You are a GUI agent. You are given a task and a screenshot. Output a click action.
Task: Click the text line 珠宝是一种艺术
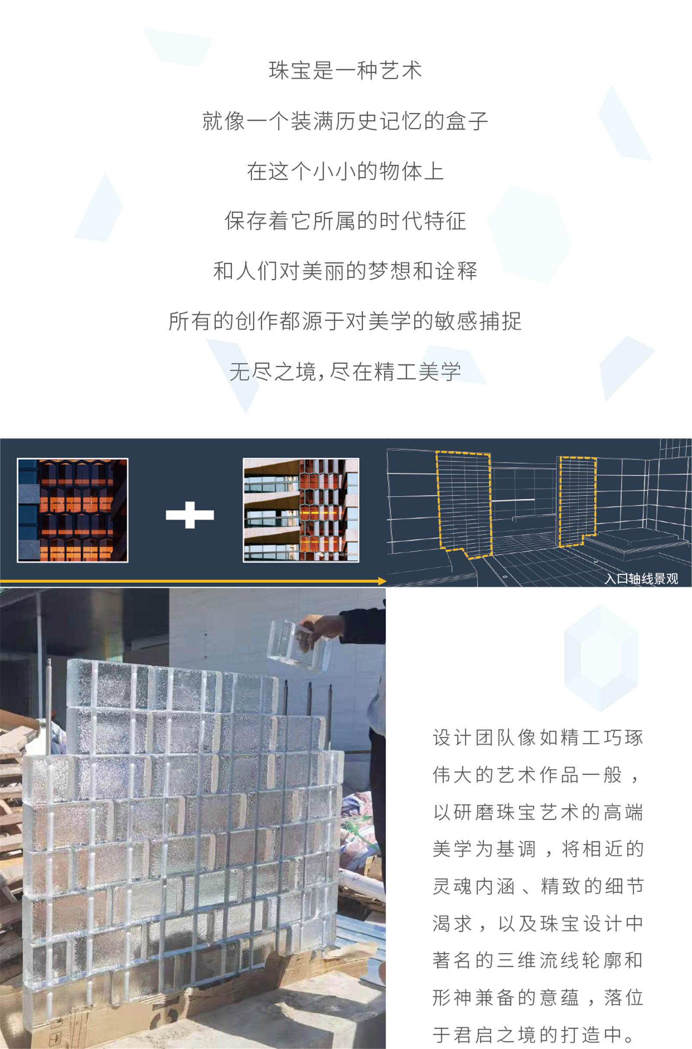(x=345, y=71)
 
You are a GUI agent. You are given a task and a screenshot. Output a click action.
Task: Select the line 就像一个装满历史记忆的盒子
(x=345, y=121)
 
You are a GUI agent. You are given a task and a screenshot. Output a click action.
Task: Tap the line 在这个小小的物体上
(x=345, y=172)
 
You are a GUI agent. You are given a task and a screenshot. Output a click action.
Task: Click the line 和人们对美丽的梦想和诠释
(x=345, y=271)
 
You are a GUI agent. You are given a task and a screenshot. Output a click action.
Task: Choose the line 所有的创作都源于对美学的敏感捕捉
(x=345, y=322)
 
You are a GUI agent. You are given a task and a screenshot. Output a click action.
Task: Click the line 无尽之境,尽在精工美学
(x=345, y=372)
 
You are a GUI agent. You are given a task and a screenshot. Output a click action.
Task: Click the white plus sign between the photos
(x=190, y=515)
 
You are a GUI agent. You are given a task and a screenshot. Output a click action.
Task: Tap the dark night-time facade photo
(x=72, y=510)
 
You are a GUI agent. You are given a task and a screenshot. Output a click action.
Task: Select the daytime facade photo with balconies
(x=301, y=510)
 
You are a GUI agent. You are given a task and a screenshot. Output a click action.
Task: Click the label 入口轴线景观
(x=641, y=578)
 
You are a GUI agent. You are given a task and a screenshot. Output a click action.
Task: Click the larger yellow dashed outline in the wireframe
(x=464, y=503)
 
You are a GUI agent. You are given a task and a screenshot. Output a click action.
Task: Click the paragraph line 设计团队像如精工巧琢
(x=538, y=738)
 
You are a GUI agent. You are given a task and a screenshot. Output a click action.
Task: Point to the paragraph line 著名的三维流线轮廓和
(x=538, y=960)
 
